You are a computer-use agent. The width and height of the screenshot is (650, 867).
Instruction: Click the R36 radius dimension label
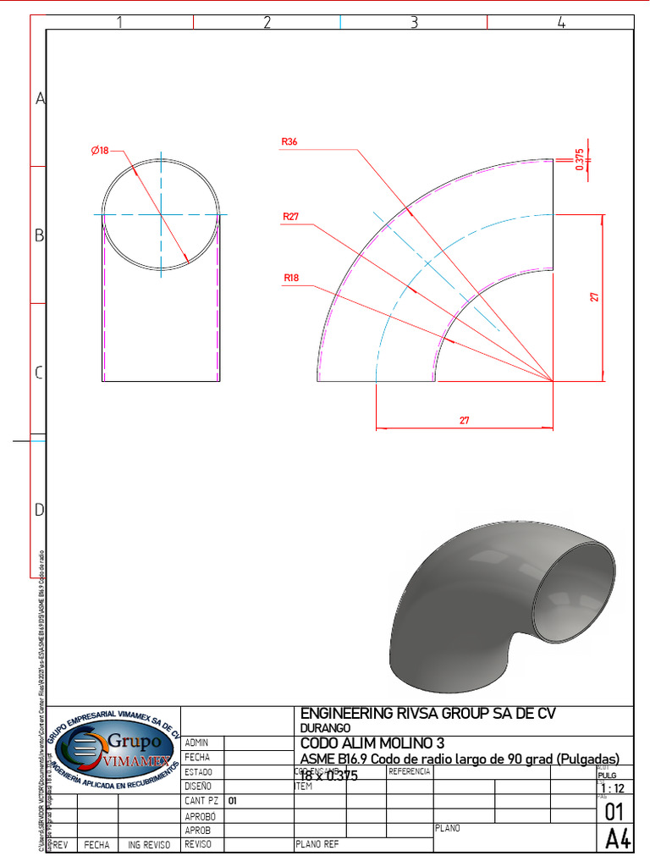point(289,142)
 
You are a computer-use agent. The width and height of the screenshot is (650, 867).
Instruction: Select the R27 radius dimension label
point(290,217)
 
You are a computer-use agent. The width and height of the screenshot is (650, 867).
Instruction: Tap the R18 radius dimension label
point(291,278)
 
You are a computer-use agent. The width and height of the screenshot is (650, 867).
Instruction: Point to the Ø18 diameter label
point(100,151)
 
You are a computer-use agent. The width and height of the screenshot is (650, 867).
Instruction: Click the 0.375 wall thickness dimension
point(580,159)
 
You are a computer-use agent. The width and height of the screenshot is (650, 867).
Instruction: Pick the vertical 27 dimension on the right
point(595,297)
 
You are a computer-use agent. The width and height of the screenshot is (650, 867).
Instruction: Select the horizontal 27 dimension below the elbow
point(464,420)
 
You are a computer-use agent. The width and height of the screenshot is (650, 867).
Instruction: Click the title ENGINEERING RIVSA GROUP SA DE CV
point(428,714)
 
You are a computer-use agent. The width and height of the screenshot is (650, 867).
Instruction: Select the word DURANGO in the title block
point(325,728)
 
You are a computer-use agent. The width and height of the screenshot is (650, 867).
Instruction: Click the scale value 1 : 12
point(609,788)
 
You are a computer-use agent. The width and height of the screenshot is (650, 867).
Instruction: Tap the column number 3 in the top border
point(414,23)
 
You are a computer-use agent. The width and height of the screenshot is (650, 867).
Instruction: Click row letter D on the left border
point(39,510)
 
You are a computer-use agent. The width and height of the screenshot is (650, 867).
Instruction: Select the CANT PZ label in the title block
point(201,800)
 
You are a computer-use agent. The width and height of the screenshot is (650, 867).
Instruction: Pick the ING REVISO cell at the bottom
point(149,845)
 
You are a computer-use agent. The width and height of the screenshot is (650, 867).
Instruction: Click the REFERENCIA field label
point(410,772)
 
